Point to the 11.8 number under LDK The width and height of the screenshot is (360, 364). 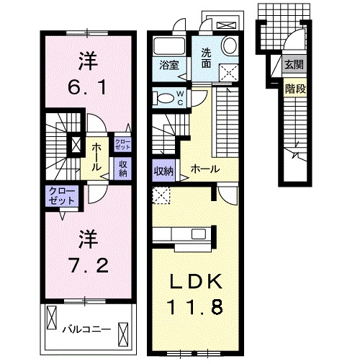[x=196, y=307]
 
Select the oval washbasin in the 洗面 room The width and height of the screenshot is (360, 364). [x=230, y=45]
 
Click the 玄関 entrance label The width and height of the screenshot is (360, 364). [x=294, y=66]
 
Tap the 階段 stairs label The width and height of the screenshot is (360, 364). [x=294, y=89]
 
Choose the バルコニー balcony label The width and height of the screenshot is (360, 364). [x=86, y=329]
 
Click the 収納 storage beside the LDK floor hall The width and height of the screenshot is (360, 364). [x=163, y=171]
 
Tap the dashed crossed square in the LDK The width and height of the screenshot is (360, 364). [x=161, y=194]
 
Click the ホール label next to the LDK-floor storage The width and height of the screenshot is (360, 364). [x=205, y=170]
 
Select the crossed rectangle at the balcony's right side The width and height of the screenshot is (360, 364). [x=125, y=329]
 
